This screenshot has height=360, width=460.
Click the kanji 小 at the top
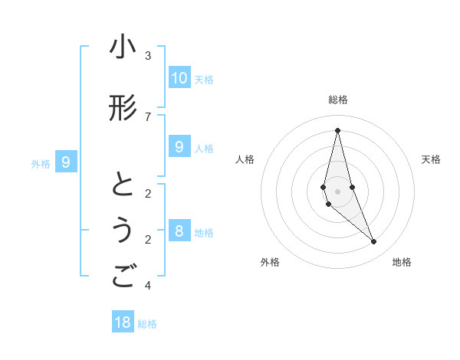122,47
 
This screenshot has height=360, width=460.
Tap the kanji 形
122,108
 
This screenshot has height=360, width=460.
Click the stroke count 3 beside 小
148,55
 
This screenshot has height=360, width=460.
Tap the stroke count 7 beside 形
148,116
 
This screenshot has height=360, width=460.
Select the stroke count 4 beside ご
148,286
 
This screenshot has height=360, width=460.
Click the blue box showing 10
179,77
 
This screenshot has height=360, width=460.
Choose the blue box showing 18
123,322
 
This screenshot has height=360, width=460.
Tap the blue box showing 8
179,231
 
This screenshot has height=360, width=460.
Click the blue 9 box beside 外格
66,162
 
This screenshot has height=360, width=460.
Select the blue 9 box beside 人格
179,147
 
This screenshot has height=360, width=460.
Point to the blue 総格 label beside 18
147,324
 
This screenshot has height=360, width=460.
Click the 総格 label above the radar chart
337,100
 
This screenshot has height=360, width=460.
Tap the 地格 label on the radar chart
402,262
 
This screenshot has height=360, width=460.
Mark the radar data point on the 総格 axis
337,130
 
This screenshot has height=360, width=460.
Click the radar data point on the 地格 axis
374,242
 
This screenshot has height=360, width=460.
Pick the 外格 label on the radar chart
270,262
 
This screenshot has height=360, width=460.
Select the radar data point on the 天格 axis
352,187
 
